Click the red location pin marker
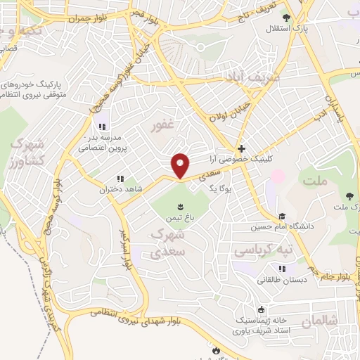point(181,165)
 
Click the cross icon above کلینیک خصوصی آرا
point(241,148)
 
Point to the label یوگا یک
point(219,188)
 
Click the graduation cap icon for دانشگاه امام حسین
point(282,216)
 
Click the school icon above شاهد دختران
point(120,179)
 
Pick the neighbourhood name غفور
point(162,126)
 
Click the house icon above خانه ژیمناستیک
point(262,309)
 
